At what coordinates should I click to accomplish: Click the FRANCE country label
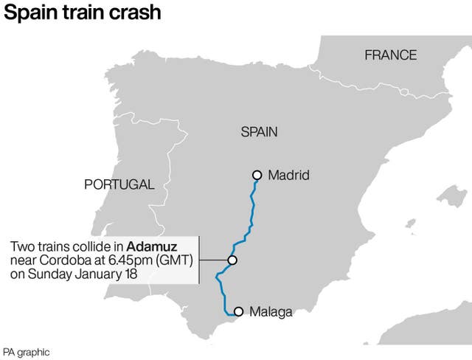[390, 55]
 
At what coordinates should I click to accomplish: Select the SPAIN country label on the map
[259, 132]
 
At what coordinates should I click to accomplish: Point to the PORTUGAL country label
[119, 184]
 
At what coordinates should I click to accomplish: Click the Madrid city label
[288, 176]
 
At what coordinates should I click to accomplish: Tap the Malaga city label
[271, 312]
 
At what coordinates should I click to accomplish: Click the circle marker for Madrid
[257, 175]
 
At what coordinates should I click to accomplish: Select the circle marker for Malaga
[238, 312]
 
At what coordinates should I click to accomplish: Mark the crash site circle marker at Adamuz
[232, 260]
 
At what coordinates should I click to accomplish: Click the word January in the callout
[97, 274]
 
